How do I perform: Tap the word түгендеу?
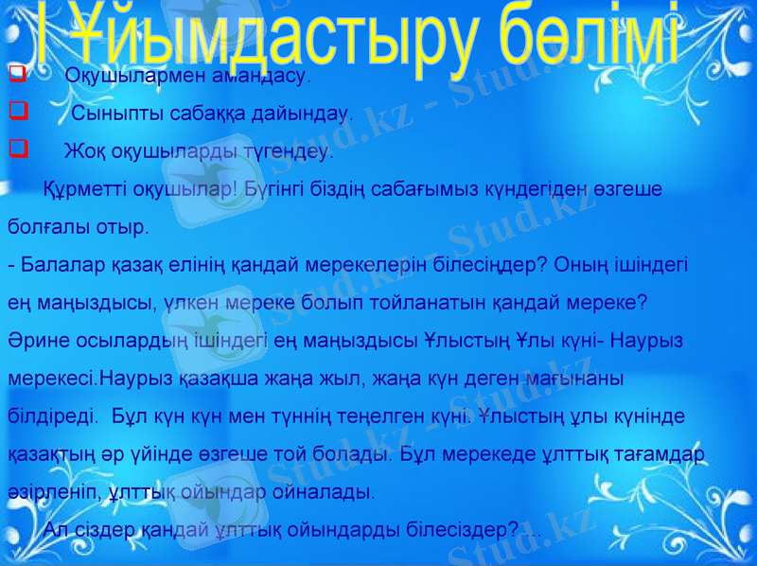(285, 151)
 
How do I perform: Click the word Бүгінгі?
(272, 188)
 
